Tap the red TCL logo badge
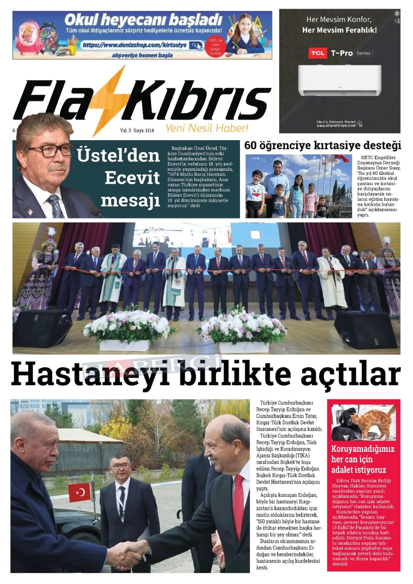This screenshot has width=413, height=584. point(317,53)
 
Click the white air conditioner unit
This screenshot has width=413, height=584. point(339,80)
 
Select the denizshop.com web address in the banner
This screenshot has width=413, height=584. point(135,45)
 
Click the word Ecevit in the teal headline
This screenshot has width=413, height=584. point(132,178)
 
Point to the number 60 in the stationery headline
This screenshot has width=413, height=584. point(250,145)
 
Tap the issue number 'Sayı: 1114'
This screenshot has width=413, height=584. point(144,131)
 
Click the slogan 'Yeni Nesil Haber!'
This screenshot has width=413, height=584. point(207,128)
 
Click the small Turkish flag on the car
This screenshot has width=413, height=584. point(79,492)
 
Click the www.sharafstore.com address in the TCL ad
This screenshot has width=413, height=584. point(336,125)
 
